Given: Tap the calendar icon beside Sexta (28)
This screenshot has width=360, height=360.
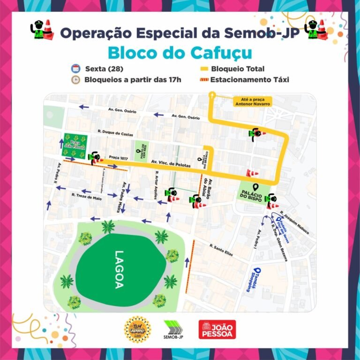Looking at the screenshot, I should pyautogui.click(x=75, y=68).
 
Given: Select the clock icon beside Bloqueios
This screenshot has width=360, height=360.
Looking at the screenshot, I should pyautogui.click(x=75, y=79).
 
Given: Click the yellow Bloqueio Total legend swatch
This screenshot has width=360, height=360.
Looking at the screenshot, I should pyautogui.click(x=204, y=69).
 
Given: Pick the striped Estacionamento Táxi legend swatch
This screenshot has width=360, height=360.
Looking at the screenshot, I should pyautogui.click(x=204, y=80).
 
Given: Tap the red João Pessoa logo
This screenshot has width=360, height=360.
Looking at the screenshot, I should pyautogui.click(x=217, y=329).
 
